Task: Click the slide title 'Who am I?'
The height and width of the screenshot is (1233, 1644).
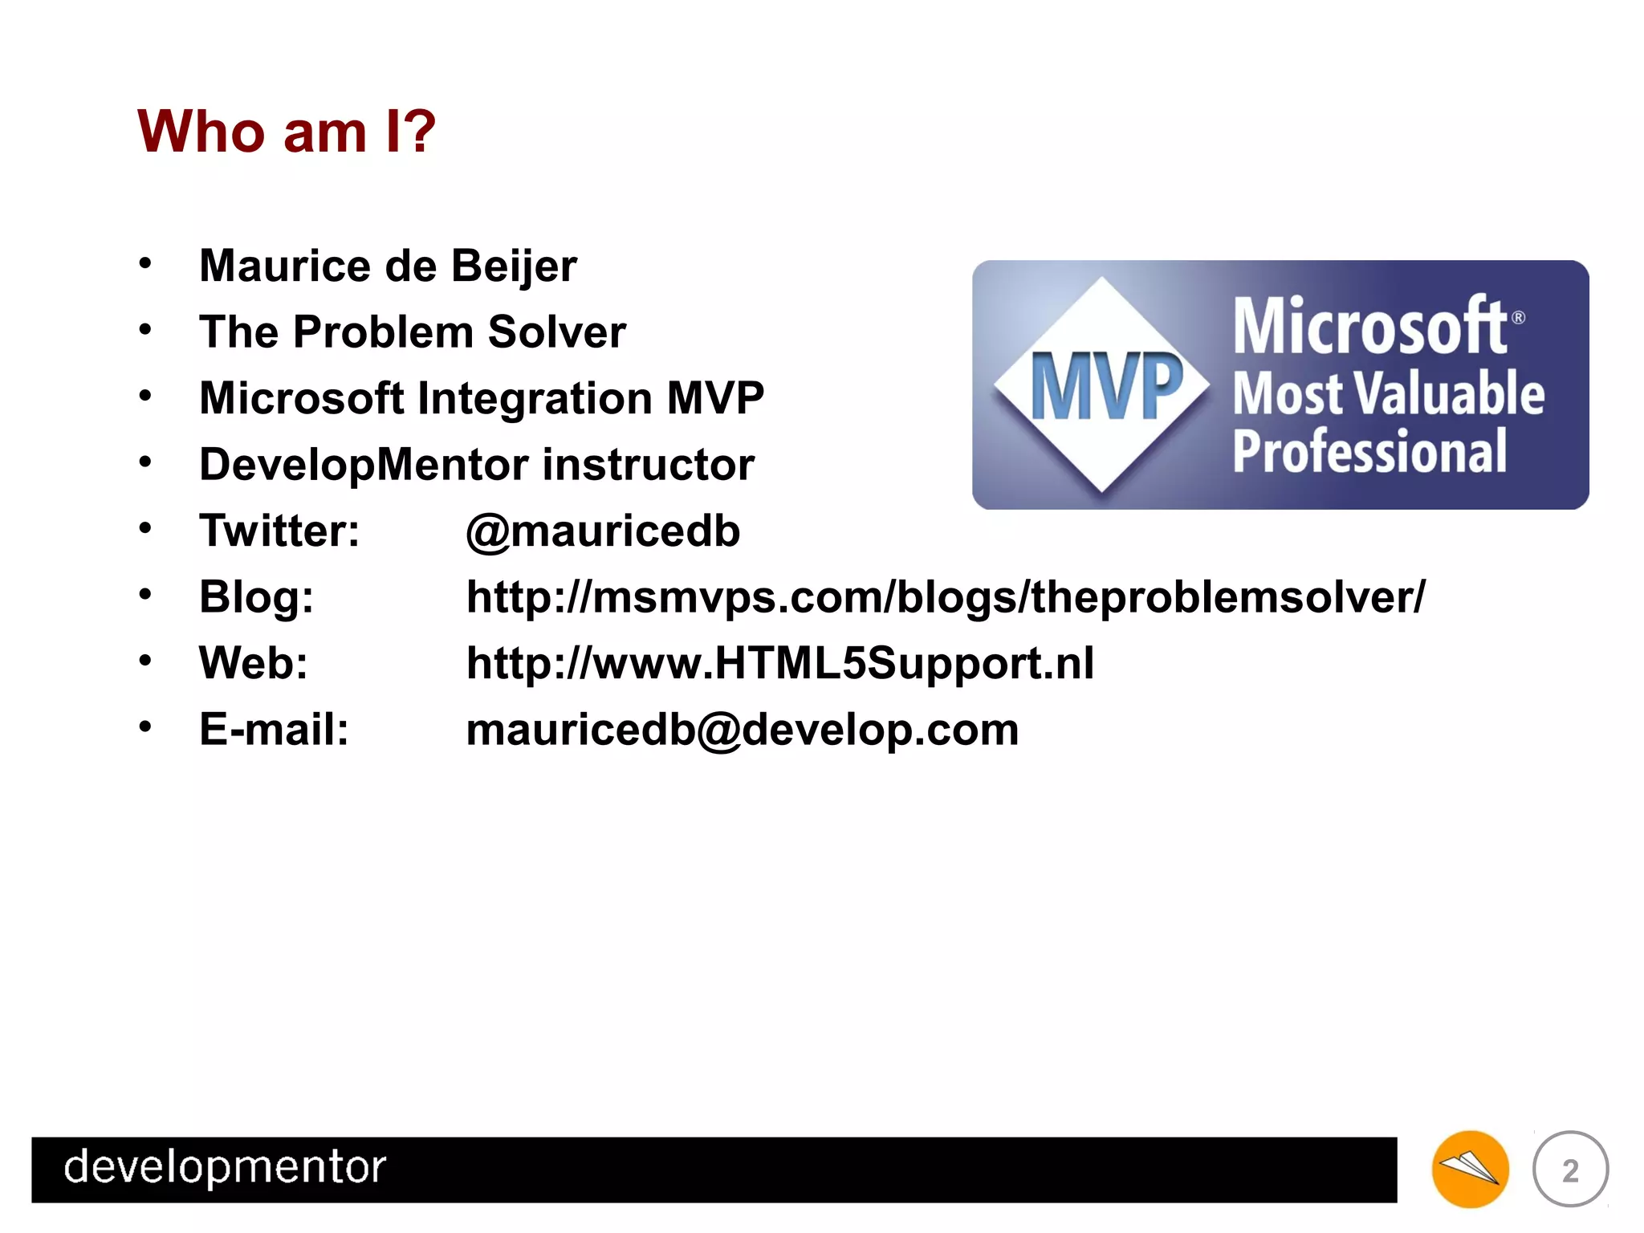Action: click(287, 131)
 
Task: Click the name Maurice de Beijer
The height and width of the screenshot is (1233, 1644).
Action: click(388, 266)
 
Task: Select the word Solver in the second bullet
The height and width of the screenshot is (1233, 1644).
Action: click(556, 332)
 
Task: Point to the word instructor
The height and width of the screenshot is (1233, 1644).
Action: click(649, 464)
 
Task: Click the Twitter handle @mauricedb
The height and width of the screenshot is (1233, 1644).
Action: click(603, 531)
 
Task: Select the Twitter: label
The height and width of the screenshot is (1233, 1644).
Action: click(279, 531)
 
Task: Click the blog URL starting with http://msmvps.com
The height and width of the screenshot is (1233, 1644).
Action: click(945, 597)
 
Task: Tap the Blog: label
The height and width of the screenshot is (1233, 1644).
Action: click(256, 597)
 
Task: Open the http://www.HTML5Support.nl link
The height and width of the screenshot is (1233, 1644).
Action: click(779, 663)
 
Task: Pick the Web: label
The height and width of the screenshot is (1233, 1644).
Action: click(254, 663)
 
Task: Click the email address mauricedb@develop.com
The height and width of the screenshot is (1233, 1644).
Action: click(742, 730)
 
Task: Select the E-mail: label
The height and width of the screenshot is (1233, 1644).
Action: click(274, 730)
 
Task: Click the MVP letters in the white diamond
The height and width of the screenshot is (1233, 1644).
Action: click(1106, 388)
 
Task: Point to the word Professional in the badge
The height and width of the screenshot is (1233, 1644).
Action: click(1369, 451)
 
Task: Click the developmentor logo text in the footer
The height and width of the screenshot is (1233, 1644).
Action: click(225, 1167)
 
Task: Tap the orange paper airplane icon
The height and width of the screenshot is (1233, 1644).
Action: click(1470, 1169)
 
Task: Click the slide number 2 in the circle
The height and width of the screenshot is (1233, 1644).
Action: click(1570, 1170)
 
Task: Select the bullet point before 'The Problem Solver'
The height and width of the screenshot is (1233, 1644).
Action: click(145, 330)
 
